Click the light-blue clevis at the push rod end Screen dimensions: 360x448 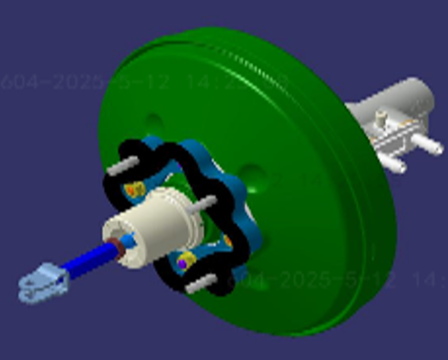click(42, 285)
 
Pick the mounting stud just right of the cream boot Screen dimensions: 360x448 click(205, 203)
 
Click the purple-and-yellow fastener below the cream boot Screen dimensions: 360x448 click(181, 262)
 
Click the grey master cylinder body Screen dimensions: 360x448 click(392, 108)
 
